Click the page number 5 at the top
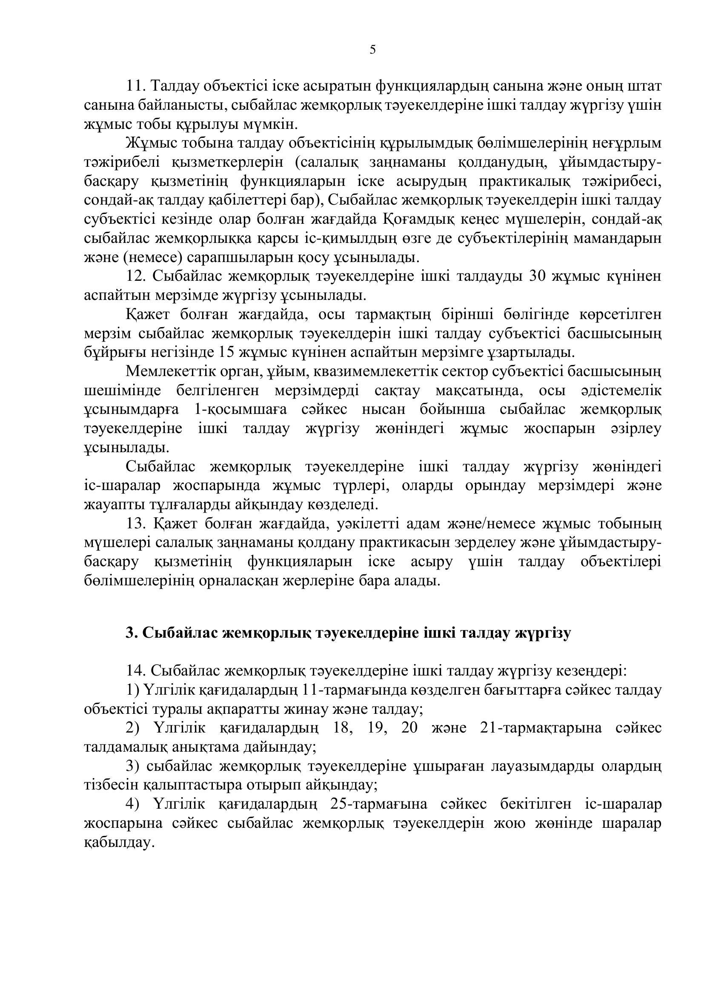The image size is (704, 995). tap(372, 50)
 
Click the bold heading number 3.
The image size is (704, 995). tap(131, 633)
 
